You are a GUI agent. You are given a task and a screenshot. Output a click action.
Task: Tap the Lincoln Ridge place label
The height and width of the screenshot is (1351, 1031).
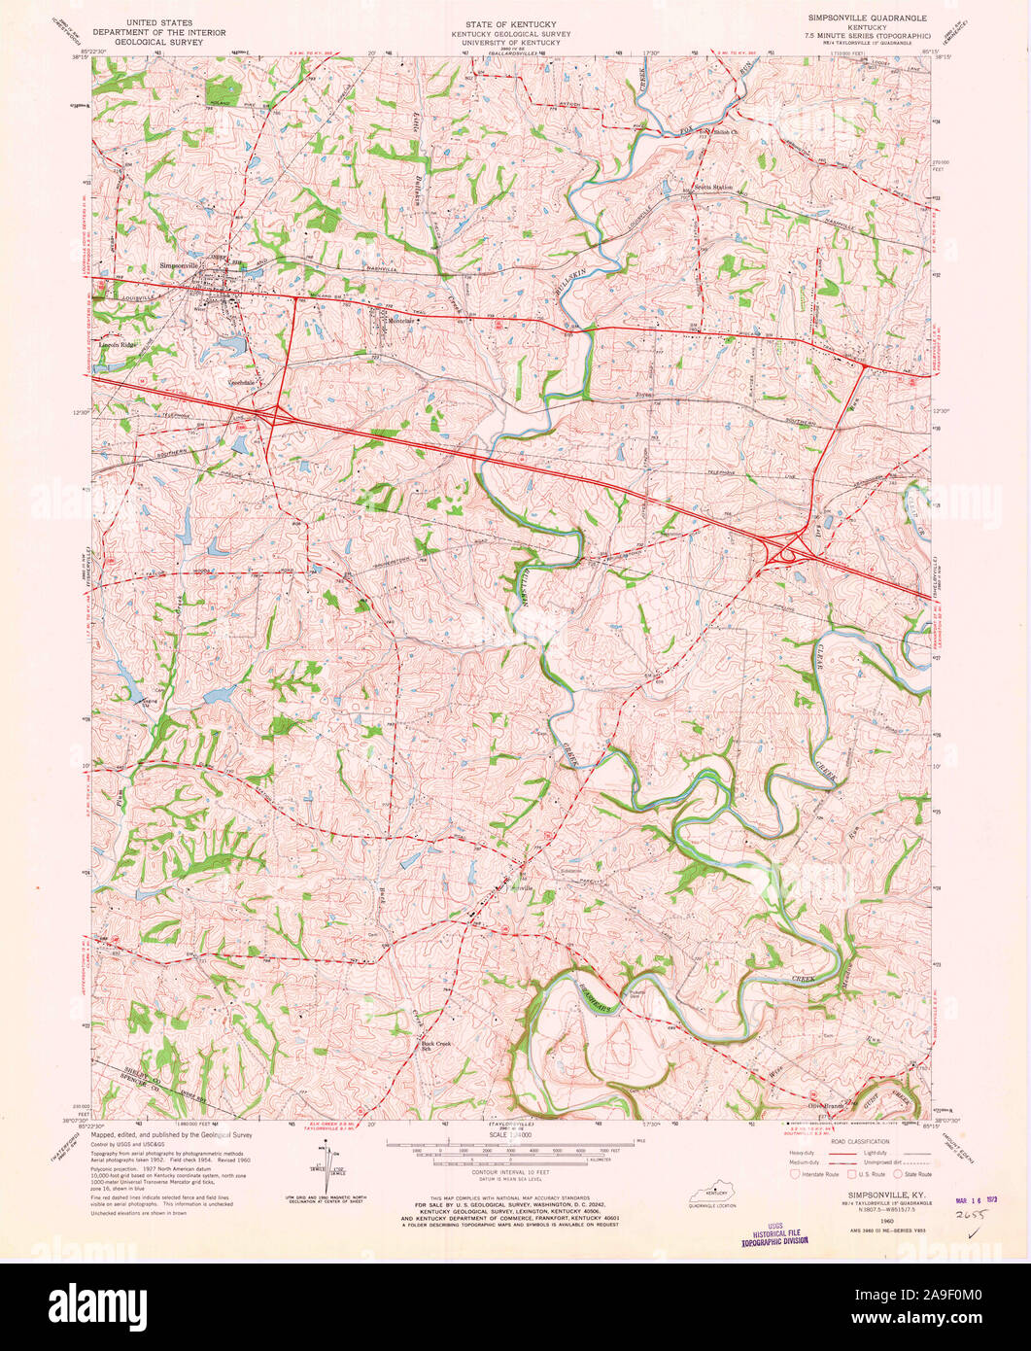tap(117, 344)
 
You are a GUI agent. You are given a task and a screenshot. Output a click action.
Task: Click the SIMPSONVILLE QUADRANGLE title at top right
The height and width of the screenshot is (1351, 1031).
tap(867, 18)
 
